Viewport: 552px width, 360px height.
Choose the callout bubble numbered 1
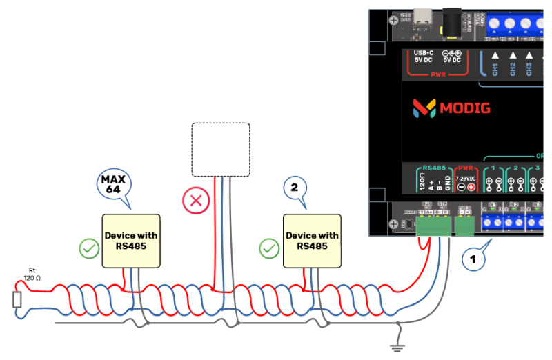point(473,260)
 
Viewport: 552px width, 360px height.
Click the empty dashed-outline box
point(220,150)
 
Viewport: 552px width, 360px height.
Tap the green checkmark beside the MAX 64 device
point(88,248)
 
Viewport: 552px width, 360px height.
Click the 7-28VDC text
point(466,179)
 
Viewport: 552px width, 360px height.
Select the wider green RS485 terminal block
point(432,225)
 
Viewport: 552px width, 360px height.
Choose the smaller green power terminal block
point(464,225)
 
